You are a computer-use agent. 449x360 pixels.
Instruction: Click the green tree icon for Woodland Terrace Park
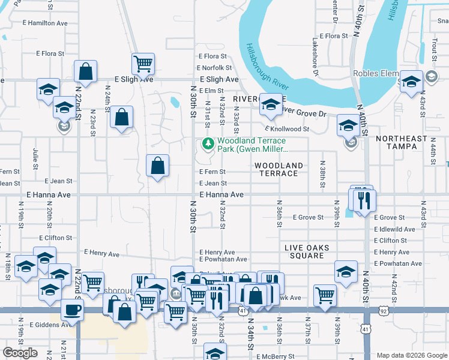pos(208,143)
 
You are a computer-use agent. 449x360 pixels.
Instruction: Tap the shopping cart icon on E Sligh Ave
pos(143,62)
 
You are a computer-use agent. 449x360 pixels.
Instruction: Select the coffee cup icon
pos(72,309)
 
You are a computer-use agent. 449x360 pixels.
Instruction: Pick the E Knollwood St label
pos(287,129)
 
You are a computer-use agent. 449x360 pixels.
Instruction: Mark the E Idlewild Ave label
pos(394,229)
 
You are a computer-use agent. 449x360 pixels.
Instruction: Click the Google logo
pos(20,353)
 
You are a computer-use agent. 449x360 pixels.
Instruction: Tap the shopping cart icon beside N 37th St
pos(325,294)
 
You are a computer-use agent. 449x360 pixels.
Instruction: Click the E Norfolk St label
pos(215,68)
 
